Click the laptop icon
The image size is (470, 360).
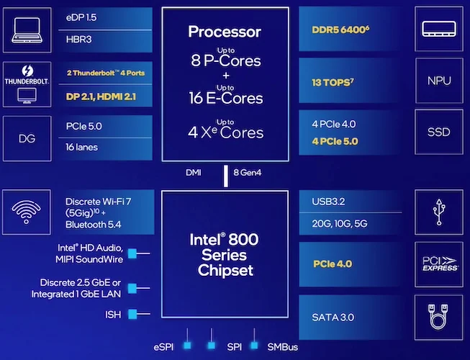coord(27,30)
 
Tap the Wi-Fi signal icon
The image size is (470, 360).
coord(27,212)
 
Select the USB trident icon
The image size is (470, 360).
coord(439,212)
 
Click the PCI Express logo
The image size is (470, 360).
coord(440,264)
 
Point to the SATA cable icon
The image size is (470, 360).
coord(438,317)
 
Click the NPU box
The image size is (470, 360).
coord(439,81)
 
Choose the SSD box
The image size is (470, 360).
coord(439,132)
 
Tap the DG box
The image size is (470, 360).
coord(27,138)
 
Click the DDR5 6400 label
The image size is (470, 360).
coord(340,30)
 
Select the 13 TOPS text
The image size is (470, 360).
coord(333,82)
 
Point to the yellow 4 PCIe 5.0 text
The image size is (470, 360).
coord(335,141)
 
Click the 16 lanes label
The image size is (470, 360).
coord(81,147)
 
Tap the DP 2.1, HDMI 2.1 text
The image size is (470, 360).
coord(101,96)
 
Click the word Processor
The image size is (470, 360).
coord(225,32)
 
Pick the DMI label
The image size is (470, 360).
coord(194,173)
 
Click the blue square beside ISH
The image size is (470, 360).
coord(132,314)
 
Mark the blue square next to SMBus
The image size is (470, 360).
coord(254,346)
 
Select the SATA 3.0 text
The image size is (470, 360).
coord(333,317)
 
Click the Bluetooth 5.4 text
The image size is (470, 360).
coord(94,225)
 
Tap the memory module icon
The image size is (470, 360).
coord(439,29)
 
